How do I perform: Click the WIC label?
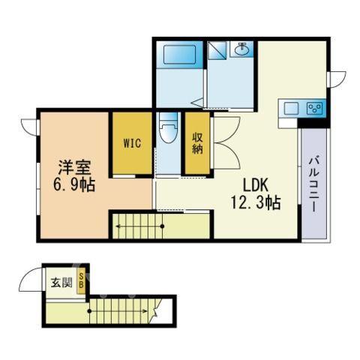coord(132,143)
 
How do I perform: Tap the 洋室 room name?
coord(74,167)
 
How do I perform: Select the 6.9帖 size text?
coord(74,185)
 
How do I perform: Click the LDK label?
coord(256,185)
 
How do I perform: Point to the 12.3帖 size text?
coord(256,202)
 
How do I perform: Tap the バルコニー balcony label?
coord(313,184)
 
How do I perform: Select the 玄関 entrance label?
coord(61,283)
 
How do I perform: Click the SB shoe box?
coord(81,281)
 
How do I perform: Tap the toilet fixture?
coord(169,127)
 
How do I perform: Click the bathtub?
coord(179,54)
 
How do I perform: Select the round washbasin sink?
coord(241,49)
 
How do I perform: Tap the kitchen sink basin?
coord(292,109)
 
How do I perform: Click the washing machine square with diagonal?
coord(217,50)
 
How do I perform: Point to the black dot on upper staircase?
coord(162,226)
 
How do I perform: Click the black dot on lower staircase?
coord(89,311)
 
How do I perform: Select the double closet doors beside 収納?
coord(227,142)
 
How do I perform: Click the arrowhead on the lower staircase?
coord(145,311)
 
